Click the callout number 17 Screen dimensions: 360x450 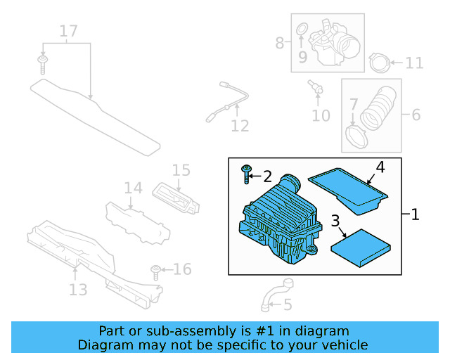68,31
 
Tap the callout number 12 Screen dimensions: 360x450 240,126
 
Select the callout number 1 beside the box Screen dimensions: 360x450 415,214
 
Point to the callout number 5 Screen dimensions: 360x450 287,305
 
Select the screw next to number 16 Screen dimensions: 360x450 156,271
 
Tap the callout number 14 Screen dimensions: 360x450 134,188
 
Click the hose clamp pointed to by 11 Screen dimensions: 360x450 379,63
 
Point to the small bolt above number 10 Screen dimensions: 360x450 315,87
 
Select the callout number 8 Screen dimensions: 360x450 280,43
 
